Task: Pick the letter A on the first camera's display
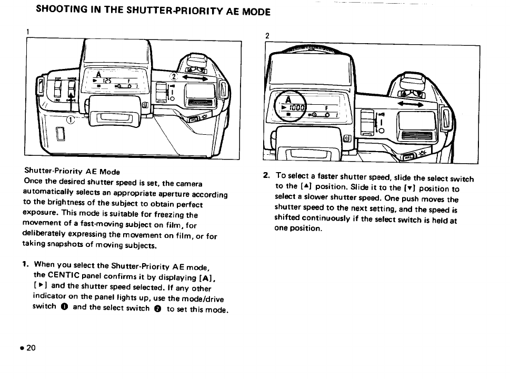97,74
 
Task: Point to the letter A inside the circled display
287,100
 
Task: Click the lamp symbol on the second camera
421,156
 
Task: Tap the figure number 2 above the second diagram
267,36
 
